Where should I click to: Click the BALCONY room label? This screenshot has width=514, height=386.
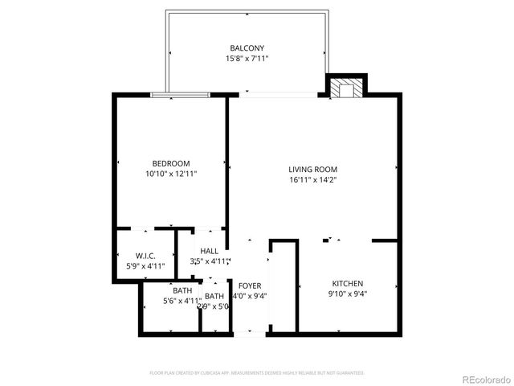click(x=247, y=48)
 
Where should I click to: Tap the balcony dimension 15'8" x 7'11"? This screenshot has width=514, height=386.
click(x=247, y=59)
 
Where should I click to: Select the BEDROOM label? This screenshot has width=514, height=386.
click(x=171, y=163)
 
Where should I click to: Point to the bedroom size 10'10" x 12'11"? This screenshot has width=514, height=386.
click(x=171, y=174)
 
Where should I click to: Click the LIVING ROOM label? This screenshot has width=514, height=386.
click(x=313, y=170)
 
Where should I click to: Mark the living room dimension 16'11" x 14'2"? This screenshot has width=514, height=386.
click(x=313, y=180)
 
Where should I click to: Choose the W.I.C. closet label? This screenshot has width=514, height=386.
click(x=145, y=256)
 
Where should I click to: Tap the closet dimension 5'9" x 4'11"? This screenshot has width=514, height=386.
click(x=145, y=266)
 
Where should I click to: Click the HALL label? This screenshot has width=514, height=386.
click(x=210, y=251)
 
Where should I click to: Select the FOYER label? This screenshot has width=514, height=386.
click(x=250, y=285)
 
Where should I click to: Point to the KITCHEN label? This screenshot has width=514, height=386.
click(x=349, y=284)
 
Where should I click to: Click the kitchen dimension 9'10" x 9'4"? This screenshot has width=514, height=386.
click(x=349, y=294)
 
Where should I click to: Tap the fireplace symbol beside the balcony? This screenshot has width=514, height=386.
click(x=346, y=87)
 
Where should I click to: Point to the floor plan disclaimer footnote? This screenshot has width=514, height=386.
click(x=257, y=373)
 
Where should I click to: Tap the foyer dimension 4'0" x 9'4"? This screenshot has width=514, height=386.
click(x=250, y=296)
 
